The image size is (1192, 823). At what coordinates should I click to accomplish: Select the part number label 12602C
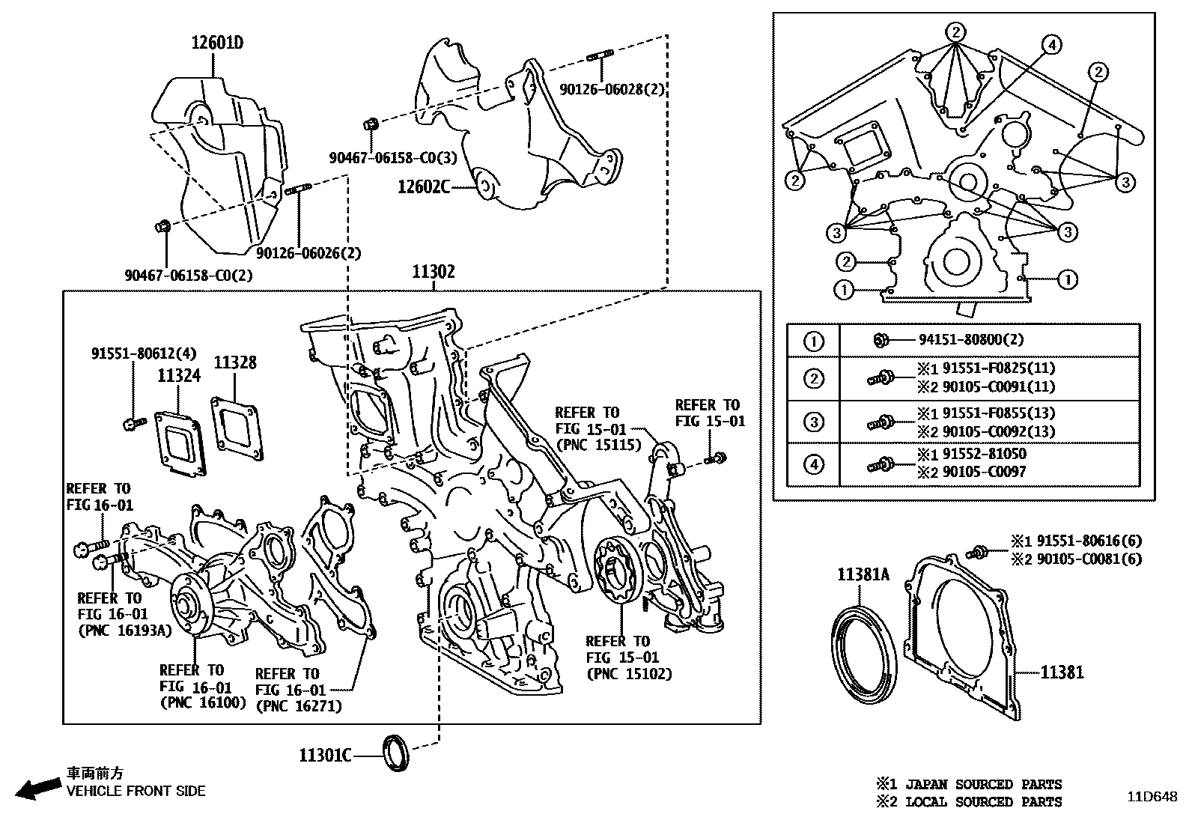coord(424,186)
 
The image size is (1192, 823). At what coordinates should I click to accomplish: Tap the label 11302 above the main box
coord(433,272)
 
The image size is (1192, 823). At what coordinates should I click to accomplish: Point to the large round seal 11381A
coord(865,655)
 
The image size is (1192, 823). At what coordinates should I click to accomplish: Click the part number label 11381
coord(1062,672)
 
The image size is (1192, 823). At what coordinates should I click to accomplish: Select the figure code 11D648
coord(1153,797)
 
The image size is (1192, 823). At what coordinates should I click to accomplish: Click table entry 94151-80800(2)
coord(971,340)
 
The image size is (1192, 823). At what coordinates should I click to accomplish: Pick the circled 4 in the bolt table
coord(814,464)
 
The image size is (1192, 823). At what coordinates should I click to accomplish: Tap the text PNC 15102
coord(629,673)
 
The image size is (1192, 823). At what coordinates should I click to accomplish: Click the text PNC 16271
coord(298,705)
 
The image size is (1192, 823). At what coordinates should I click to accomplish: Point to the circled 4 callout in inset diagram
coord(1051,45)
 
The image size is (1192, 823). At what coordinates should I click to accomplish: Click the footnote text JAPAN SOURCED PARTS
coord(983,784)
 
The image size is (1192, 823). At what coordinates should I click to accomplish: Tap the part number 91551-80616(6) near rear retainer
coord(1086,541)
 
